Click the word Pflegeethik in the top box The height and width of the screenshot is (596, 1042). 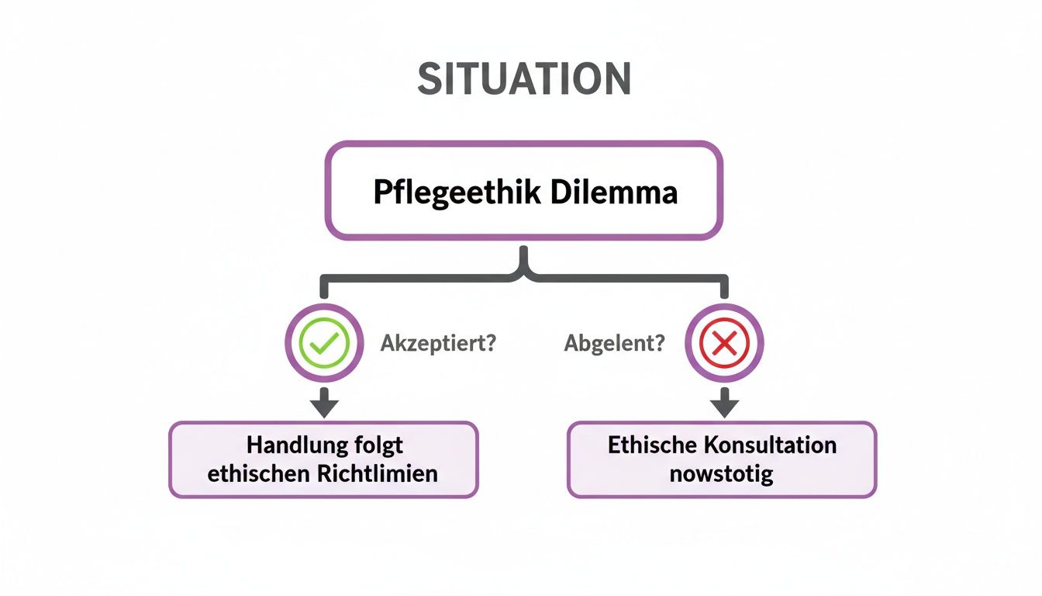point(457,192)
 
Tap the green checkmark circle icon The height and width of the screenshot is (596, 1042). point(324,343)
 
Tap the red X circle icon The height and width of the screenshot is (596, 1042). point(724,343)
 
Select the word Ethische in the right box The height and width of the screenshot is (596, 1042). point(654,445)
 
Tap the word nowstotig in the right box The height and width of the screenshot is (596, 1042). point(722,473)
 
